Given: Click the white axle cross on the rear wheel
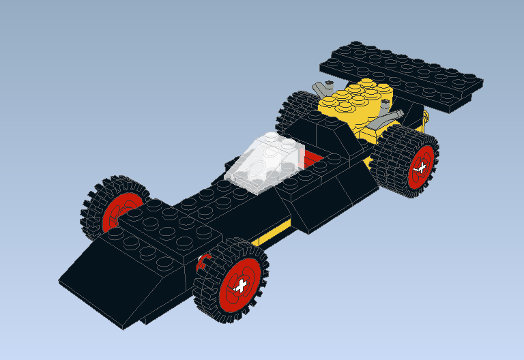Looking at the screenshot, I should pyautogui.click(x=421, y=167).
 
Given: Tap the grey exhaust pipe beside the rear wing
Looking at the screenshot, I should pyautogui.click(x=321, y=89).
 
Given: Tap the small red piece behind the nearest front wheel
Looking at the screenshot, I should pyautogui.click(x=201, y=262).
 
